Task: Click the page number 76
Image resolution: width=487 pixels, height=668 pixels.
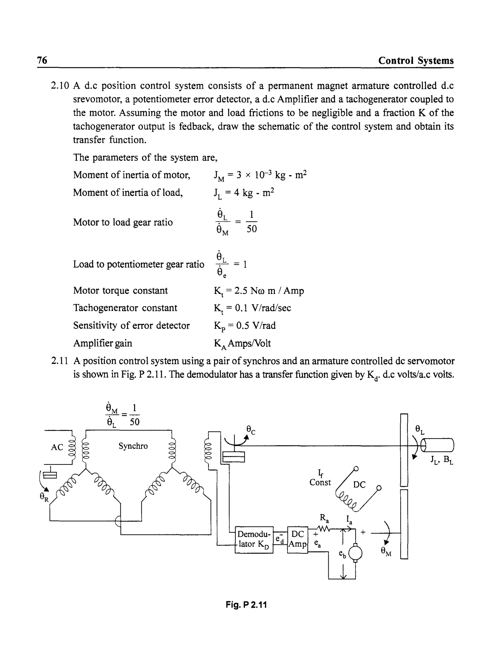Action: tap(42, 60)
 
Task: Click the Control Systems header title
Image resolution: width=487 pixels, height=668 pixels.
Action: tap(416, 60)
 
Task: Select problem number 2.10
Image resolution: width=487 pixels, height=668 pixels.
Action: tap(60, 86)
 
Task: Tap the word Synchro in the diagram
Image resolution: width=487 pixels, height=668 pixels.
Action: tap(133, 446)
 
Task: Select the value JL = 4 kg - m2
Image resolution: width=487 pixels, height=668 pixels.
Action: tap(244, 193)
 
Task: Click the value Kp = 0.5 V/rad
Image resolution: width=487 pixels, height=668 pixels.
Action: tap(245, 326)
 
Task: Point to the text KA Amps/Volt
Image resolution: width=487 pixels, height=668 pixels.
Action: tap(242, 343)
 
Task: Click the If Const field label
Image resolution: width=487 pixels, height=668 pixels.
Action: tap(320, 478)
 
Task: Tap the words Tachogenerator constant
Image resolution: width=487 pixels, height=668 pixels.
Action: tap(125, 308)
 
